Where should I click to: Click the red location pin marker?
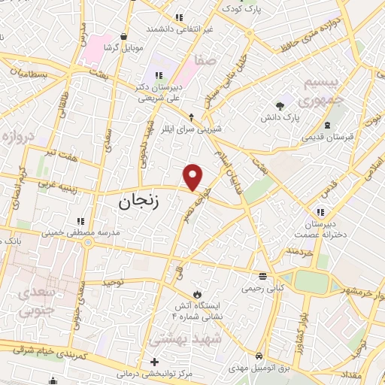pyautogui.click(x=194, y=177)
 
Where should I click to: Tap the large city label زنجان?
pyautogui.click(x=140, y=202)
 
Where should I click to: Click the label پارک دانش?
pyautogui.click(x=280, y=119)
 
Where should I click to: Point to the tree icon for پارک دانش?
pyautogui.click(x=280, y=105)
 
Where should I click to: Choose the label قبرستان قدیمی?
pyautogui.click(x=328, y=137)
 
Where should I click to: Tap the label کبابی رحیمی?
pyautogui.click(x=261, y=287)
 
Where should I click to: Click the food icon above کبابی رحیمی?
pyautogui.click(x=261, y=275)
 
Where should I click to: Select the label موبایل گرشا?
pyautogui.click(x=123, y=47)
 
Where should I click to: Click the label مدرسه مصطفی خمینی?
pyautogui.click(x=80, y=233)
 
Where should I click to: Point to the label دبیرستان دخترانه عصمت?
pyautogui.click(x=324, y=229)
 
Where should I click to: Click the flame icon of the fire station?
pyautogui.click(x=196, y=292)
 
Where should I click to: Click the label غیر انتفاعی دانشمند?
pyautogui.click(x=180, y=29)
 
